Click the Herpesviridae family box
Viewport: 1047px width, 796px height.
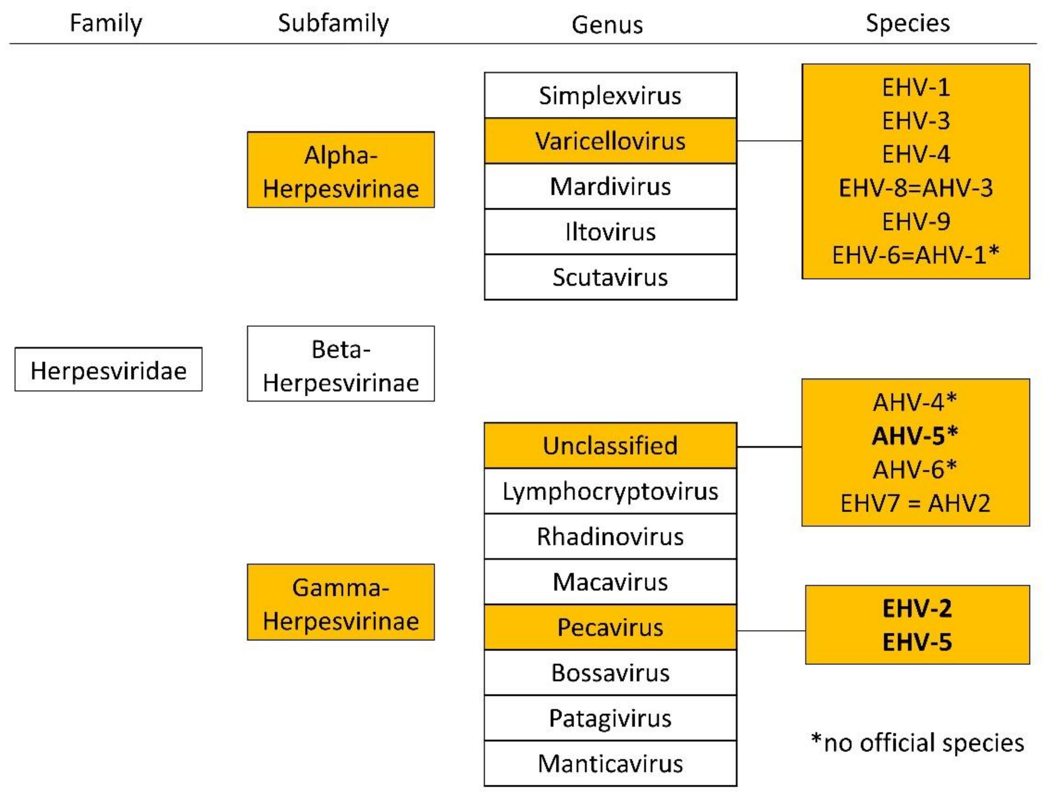(108, 370)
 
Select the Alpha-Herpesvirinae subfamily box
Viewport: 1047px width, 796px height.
(340, 170)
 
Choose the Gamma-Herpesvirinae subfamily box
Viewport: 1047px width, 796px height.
(340, 602)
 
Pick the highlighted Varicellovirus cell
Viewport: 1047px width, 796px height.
(610, 141)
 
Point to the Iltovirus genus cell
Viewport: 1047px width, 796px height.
(610, 232)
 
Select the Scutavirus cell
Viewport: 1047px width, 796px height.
(610, 277)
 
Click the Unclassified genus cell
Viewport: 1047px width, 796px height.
(610, 445)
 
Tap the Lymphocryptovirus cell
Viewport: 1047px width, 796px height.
(610, 491)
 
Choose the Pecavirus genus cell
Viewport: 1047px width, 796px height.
(610, 627)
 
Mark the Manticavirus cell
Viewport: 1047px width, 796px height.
(610, 763)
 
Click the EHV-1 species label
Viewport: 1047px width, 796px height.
(916, 87)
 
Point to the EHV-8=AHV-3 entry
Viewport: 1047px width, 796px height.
(916, 188)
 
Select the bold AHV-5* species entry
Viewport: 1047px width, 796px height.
(915, 435)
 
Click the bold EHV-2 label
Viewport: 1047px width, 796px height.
(917, 608)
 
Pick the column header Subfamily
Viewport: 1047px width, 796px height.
(333, 23)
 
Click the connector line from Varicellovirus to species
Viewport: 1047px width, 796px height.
(769, 141)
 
